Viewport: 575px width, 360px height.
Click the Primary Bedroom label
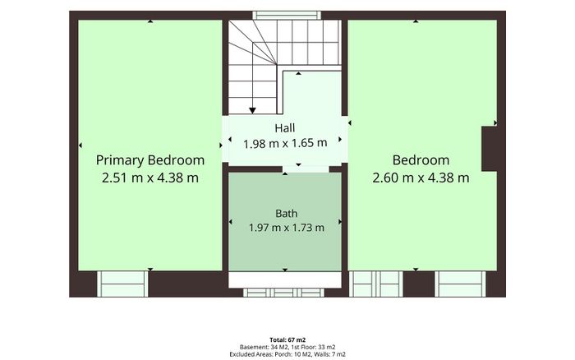pos(150,160)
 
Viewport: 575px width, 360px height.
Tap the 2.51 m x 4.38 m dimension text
pos(150,178)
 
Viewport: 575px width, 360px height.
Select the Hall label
pos(285,128)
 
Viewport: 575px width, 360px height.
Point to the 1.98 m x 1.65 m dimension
pos(285,143)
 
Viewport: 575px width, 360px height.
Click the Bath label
pos(287,213)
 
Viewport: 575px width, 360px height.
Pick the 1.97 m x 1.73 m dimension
pos(287,228)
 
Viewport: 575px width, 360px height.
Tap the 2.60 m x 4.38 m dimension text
pos(421,178)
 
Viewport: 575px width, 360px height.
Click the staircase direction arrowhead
pos(252,110)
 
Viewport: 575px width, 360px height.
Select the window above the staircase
pos(287,15)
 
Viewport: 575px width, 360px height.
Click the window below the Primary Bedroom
pos(123,284)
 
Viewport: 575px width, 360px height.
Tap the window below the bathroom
pos(284,293)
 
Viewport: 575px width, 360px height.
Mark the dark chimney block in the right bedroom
pos(490,149)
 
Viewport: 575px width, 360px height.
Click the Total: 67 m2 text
pos(287,339)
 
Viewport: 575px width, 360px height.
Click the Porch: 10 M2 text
pos(291,354)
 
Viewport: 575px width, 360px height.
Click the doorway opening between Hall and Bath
pos(306,169)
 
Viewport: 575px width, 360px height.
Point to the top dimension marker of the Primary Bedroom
pos(150,21)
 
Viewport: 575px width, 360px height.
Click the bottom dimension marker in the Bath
pos(285,270)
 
